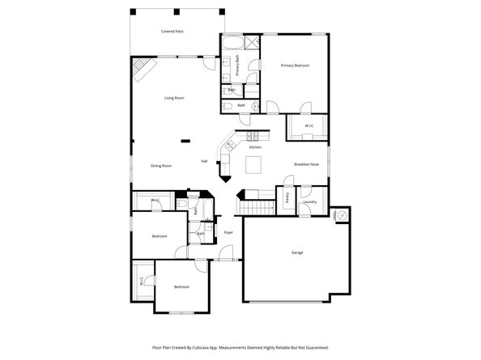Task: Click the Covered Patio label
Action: (x=172, y=31)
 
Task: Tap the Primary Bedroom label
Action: (x=295, y=65)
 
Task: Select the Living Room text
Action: (x=174, y=98)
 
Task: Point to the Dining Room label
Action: (x=161, y=166)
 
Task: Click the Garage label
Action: (x=297, y=252)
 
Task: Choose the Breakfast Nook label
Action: (x=307, y=165)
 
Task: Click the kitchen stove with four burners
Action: (x=252, y=135)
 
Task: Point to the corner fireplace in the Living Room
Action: (x=143, y=70)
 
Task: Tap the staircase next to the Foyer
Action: (x=253, y=208)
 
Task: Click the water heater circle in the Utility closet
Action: (x=343, y=215)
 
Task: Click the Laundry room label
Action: (x=310, y=201)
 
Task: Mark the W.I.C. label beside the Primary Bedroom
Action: (x=309, y=126)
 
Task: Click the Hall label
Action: (x=205, y=161)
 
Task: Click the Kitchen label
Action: (x=255, y=147)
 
